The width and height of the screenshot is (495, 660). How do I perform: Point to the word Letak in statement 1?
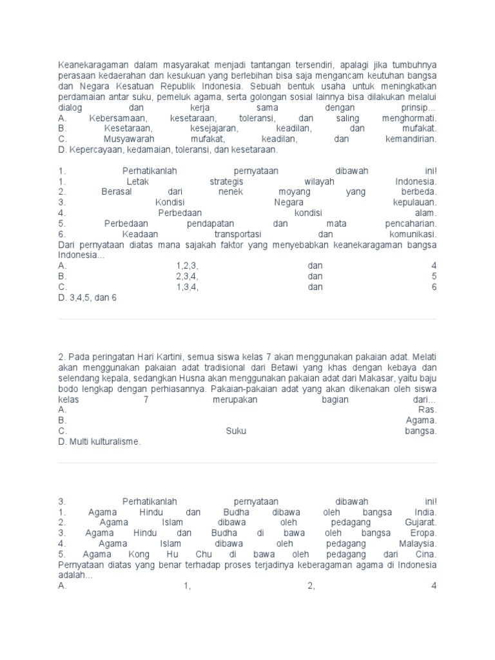(138, 182)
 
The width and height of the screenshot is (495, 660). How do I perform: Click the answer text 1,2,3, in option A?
(188, 266)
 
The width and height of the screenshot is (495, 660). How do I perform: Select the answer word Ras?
(428, 409)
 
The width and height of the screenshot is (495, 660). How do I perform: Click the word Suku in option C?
(236, 431)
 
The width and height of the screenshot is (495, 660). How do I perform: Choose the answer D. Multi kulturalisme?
(99, 442)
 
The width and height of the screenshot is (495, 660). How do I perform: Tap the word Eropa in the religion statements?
(423, 533)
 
